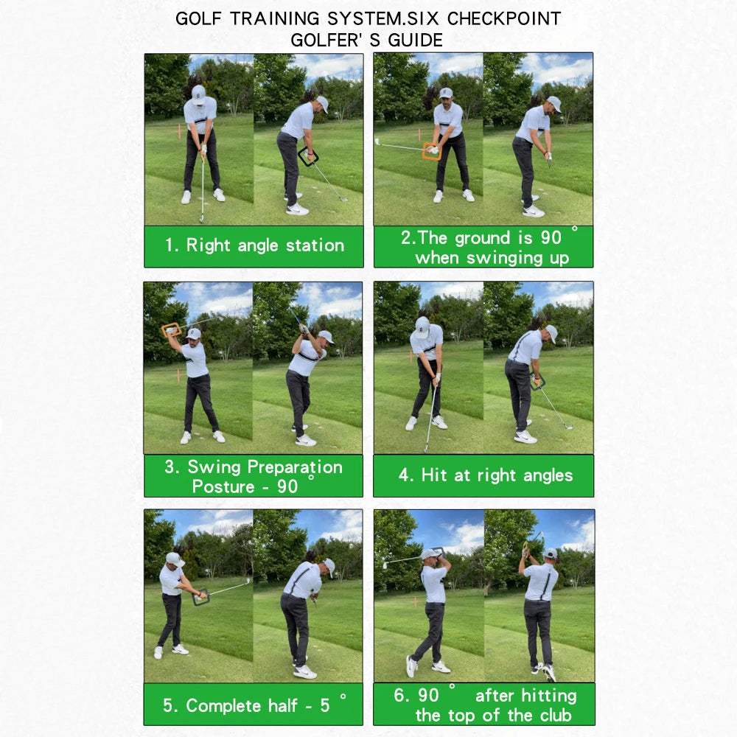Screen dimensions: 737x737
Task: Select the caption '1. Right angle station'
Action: [254, 245]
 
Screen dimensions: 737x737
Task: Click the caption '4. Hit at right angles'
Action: [485, 475]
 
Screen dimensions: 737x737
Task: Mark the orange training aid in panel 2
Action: [431, 151]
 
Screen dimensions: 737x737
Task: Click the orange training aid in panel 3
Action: [172, 329]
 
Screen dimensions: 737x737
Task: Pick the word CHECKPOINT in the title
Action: [504, 18]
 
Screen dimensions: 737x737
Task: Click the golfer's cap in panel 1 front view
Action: [198, 92]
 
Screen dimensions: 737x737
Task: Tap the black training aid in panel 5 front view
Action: [200, 598]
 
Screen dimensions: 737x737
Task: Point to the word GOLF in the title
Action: [200, 18]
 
